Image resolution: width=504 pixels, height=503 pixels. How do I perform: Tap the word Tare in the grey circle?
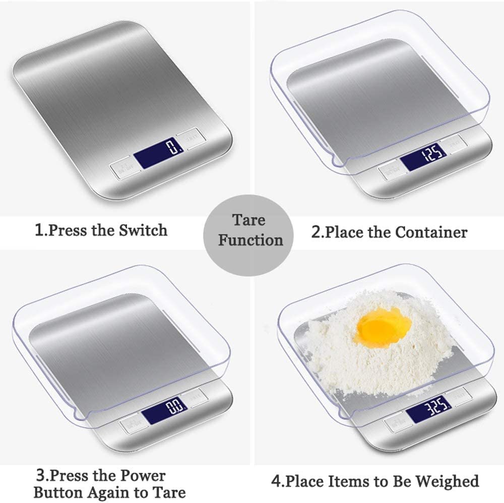(x=248, y=220)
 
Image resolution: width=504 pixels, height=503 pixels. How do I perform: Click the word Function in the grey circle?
(x=250, y=240)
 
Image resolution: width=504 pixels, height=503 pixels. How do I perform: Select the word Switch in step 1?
(x=143, y=231)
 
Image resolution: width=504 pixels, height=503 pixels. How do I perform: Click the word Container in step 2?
(x=431, y=232)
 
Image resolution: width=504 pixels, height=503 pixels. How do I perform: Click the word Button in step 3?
(x=57, y=492)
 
